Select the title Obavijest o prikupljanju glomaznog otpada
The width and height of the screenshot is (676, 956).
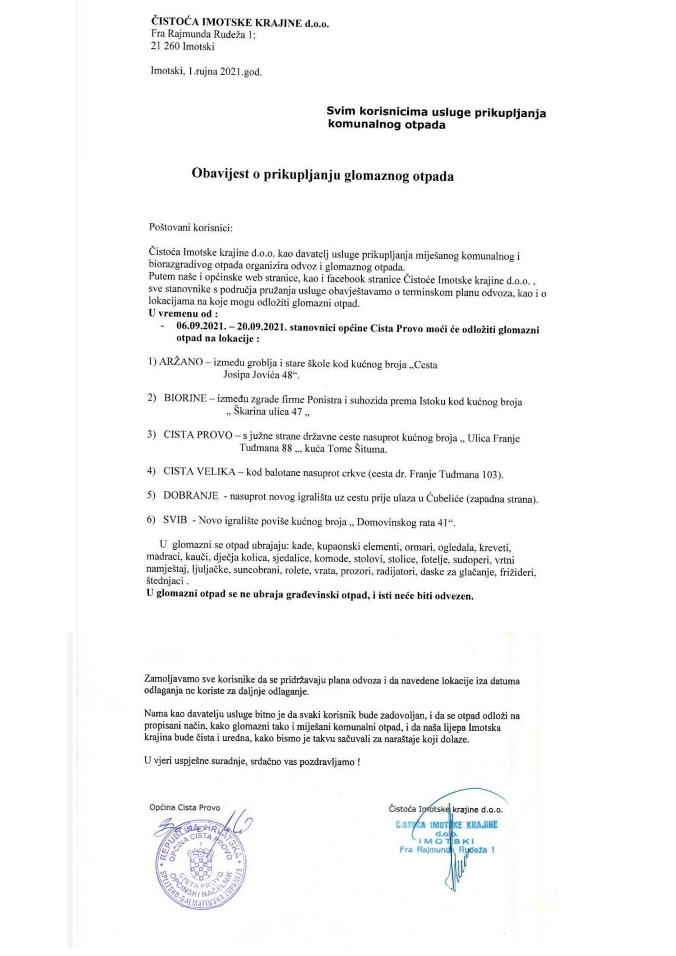[x=323, y=175]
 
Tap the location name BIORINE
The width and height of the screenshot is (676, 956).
[x=185, y=399]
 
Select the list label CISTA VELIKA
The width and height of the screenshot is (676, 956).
[x=199, y=471]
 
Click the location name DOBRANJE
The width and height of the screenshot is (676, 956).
[x=191, y=495]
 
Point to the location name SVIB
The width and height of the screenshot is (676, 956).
[x=175, y=520]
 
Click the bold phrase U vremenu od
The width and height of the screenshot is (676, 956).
[x=183, y=314]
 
